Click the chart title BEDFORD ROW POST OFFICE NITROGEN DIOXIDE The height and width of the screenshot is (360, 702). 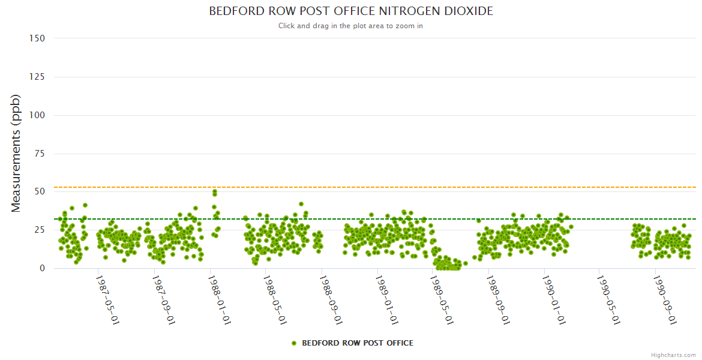click(351, 11)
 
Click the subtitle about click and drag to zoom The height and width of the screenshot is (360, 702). click(351, 26)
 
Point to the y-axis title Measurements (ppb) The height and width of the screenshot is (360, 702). click(16, 153)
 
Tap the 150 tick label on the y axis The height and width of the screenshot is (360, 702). click(37, 38)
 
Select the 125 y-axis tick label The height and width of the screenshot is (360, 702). click(37, 77)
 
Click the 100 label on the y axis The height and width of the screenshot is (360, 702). click(37, 115)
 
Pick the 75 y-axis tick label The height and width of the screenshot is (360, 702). click(39, 154)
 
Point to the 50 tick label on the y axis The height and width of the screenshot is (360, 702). click(39, 192)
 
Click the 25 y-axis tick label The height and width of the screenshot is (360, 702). click(39, 230)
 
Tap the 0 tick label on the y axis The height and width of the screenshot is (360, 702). click(42, 269)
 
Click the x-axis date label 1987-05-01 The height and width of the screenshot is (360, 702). click(107, 299)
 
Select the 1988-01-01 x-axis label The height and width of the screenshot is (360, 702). click(219, 299)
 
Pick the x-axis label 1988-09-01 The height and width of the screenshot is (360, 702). click(331, 299)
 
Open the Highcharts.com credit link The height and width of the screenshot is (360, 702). click(673, 355)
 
